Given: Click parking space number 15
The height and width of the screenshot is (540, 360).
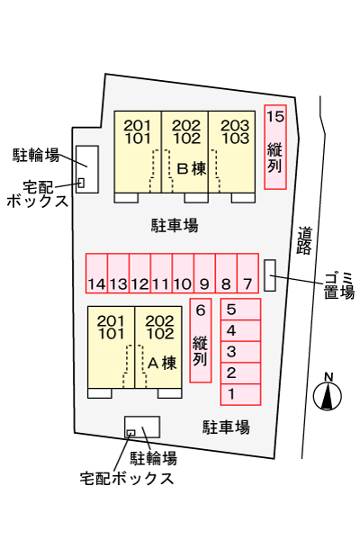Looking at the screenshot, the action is [x=275, y=147].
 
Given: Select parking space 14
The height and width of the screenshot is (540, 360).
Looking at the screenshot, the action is [x=96, y=274].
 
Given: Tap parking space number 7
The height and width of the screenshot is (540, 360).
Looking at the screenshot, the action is [x=247, y=274].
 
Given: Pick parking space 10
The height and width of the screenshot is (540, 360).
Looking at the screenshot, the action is [x=183, y=274].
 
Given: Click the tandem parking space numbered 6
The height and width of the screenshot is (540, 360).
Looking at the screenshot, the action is [x=201, y=340].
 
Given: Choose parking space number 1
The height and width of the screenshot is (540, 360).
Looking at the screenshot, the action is [x=240, y=394].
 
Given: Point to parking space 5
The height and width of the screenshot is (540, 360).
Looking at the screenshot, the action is [x=240, y=310].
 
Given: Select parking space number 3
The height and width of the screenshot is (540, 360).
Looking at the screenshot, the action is [x=240, y=352].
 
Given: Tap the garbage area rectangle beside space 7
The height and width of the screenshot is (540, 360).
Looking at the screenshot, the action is [x=270, y=275].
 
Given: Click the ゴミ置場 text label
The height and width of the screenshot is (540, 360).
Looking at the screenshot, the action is [x=339, y=285].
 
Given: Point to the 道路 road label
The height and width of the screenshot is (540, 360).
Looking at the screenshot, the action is [x=304, y=240].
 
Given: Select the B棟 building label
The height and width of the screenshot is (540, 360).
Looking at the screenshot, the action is [x=192, y=169].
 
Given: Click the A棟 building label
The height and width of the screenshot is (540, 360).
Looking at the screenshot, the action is [x=162, y=364].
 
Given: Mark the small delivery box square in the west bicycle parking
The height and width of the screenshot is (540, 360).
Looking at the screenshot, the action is [x=81, y=183].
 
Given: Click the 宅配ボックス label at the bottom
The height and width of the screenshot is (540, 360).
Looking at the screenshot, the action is [x=127, y=479].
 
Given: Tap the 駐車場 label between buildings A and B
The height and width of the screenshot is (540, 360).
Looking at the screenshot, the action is [x=175, y=226].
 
